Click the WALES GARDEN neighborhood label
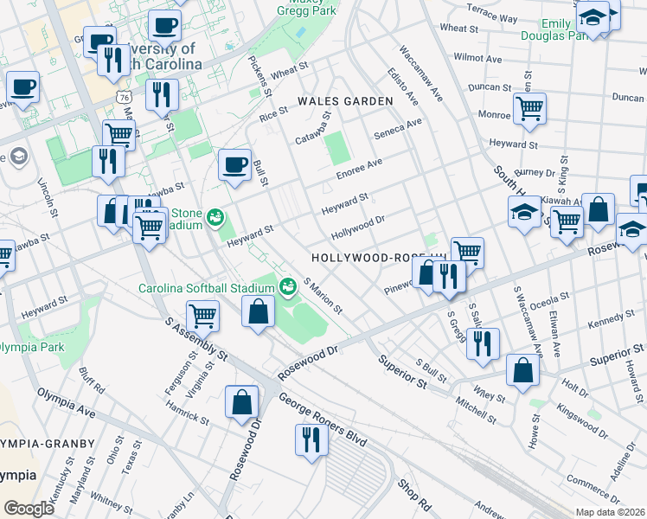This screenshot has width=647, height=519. coord(345,101)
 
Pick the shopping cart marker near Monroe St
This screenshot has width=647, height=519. coord(528,109)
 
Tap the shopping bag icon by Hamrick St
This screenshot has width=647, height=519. coord(241,402)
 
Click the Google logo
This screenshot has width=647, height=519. coord(29,508)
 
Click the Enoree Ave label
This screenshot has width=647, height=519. coord(359,166)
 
